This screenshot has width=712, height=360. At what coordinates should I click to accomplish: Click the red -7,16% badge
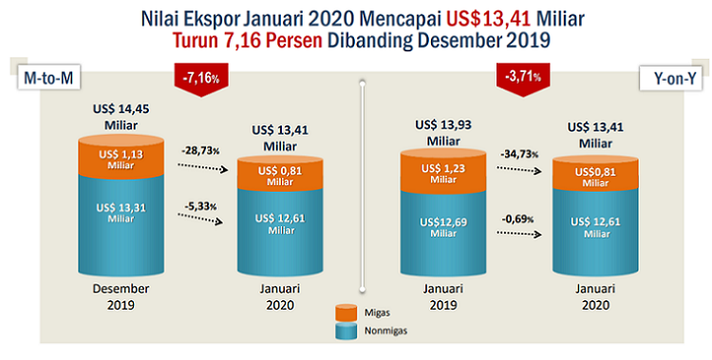tap(201, 79)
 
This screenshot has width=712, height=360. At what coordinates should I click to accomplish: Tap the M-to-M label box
tap(48, 78)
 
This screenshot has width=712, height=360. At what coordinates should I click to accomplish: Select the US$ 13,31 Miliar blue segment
tap(121, 223)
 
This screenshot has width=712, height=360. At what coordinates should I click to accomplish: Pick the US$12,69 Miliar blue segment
tap(443, 232)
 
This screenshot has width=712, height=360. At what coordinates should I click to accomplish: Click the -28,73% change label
tap(200, 150)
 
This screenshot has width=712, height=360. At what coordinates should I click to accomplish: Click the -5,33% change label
tap(200, 206)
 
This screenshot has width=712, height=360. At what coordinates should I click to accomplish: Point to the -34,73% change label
tap(519, 154)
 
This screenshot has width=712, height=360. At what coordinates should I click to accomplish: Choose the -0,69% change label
tap(517, 219)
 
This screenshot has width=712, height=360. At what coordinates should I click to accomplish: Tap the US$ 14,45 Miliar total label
tap(121, 117)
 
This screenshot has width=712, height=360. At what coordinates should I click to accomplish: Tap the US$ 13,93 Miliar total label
tap(443, 133)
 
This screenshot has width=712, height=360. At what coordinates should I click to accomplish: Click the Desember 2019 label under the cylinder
tap(121, 296)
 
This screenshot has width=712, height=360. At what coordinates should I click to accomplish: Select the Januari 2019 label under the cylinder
tap(443, 296)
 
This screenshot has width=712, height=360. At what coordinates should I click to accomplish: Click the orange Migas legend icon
tap(346, 313)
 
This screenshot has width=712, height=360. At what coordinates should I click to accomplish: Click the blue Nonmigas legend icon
tap(346, 331)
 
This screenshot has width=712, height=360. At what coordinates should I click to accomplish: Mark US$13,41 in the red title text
tap(488, 19)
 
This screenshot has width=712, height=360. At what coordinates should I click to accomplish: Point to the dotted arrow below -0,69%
tap(519, 233)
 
